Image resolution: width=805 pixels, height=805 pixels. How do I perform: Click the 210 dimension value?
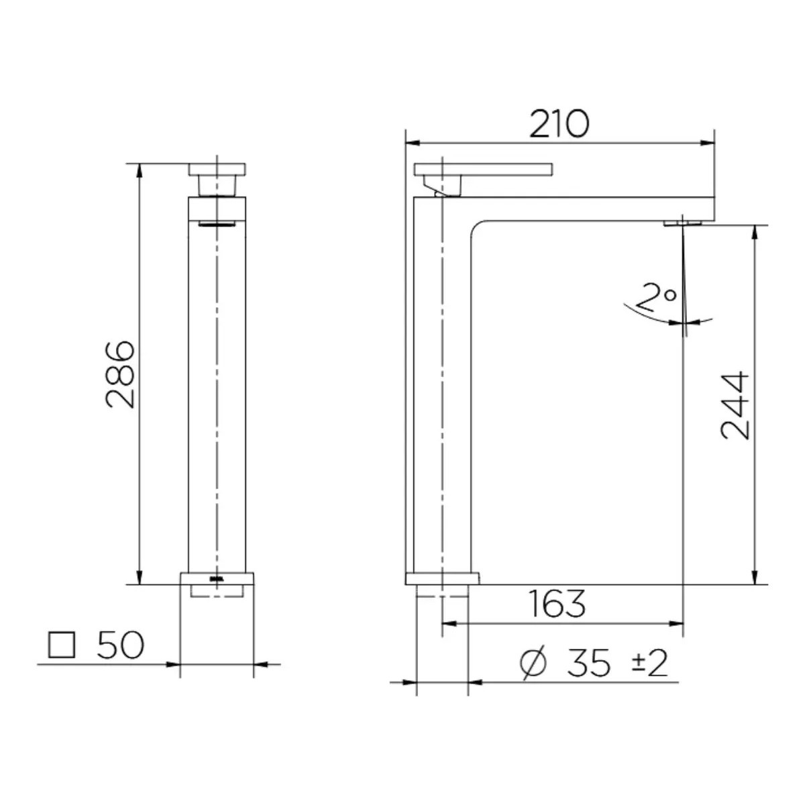[559, 124]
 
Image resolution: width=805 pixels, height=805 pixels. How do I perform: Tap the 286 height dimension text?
[120, 375]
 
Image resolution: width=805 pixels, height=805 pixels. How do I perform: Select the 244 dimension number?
[736, 405]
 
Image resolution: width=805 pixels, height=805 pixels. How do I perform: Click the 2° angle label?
[659, 297]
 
